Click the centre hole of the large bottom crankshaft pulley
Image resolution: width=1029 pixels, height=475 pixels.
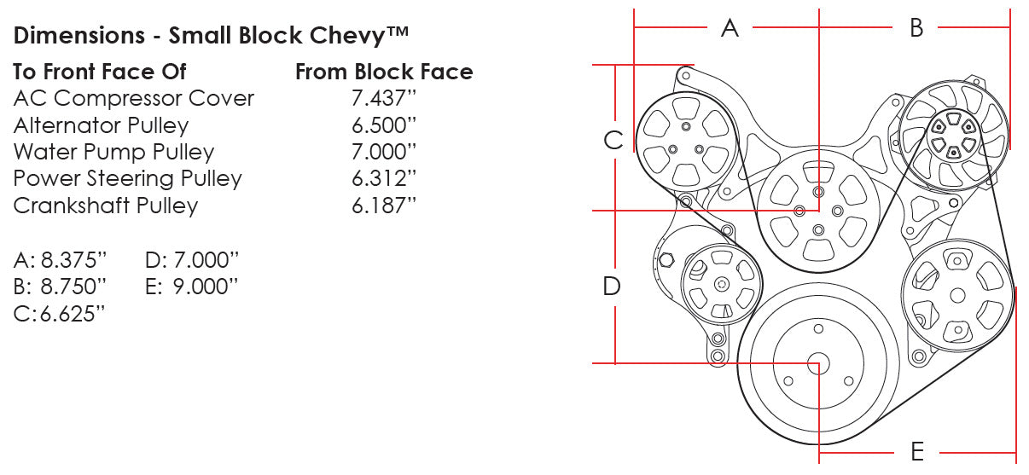pyautogui.click(x=818, y=364)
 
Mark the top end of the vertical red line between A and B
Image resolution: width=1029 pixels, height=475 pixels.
pyautogui.click(x=818, y=9)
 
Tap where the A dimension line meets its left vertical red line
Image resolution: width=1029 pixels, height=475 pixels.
pyautogui.click(x=634, y=27)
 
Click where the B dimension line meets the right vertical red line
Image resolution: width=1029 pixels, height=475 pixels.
pyautogui.click(x=1010, y=27)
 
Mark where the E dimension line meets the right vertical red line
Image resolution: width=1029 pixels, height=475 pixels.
pyautogui.click(x=1015, y=453)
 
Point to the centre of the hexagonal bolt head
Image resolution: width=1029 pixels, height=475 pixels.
pyautogui.click(x=666, y=260)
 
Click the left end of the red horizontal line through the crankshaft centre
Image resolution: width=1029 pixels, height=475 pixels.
pyautogui.click(x=593, y=363)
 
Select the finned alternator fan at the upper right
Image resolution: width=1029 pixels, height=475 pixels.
pyautogui.click(x=954, y=135)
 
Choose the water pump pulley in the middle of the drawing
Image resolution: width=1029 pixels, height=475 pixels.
pyautogui.click(x=818, y=211)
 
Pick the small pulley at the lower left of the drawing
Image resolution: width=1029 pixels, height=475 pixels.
pyautogui.click(x=721, y=285)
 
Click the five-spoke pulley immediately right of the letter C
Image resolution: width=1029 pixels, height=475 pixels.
pyautogui.click(x=686, y=142)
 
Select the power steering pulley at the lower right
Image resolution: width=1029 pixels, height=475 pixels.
pyautogui.click(x=957, y=295)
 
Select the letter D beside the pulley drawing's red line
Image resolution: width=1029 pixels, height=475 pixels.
pyautogui.click(x=612, y=286)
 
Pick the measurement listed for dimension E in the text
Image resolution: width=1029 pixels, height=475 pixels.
pyautogui.click(x=206, y=287)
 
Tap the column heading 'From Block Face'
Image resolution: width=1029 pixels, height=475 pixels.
pyautogui.click(x=384, y=72)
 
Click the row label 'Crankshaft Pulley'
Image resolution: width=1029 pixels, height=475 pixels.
pyautogui.click(x=106, y=206)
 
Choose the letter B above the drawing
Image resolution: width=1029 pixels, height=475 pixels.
pyautogui.click(x=916, y=28)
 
